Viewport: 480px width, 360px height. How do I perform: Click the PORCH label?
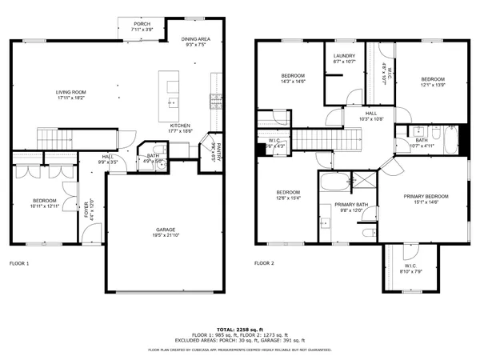click(142, 24)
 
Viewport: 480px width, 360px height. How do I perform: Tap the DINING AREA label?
click(195, 39)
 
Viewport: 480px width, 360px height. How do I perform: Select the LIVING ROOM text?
click(71, 93)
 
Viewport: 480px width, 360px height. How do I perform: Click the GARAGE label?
click(166, 230)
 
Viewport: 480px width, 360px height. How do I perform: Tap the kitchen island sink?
click(171, 102)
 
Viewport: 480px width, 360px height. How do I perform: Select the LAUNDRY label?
click(343, 56)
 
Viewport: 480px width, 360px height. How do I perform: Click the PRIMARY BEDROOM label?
click(426, 196)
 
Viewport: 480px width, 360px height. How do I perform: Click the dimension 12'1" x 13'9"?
click(433, 85)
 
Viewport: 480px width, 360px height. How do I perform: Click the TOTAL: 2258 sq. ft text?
click(241, 329)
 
